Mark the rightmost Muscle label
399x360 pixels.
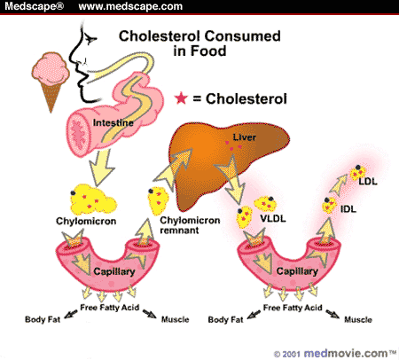[357, 317]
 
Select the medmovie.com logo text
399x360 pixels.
[339, 350]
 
